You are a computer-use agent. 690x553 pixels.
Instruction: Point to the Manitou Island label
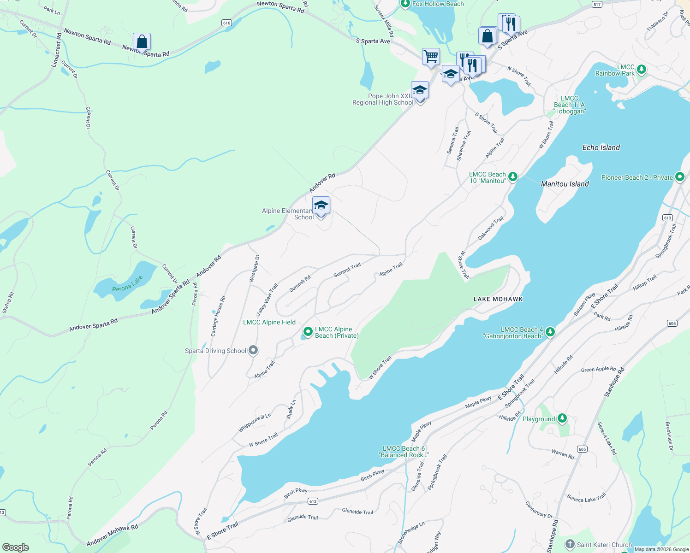pyautogui.click(x=565, y=184)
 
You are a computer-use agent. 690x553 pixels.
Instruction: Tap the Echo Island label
pyautogui.click(x=601, y=147)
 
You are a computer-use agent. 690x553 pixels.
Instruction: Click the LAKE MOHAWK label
pyautogui.click(x=498, y=299)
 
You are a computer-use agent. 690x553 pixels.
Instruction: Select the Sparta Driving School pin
pyautogui.click(x=253, y=351)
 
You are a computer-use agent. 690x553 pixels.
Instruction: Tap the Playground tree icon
pyautogui.click(x=562, y=418)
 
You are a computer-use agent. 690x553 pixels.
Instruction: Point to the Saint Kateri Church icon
pyautogui.click(x=570, y=544)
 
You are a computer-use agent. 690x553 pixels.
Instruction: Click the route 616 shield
pyautogui.click(x=226, y=23)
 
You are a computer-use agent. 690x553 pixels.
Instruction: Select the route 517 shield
pyautogui.click(x=597, y=5)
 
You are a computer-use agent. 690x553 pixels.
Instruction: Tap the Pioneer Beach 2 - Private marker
pyautogui.click(x=679, y=177)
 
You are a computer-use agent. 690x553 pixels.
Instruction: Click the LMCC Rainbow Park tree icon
pyautogui.click(x=641, y=70)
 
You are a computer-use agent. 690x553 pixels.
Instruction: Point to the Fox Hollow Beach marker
pyautogui.click(x=405, y=4)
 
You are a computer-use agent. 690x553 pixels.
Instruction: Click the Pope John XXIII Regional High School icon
pyautogui.click(x=420, y=90)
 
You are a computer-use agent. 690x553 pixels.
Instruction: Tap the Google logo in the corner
pyautogui.click(x=16, y=547)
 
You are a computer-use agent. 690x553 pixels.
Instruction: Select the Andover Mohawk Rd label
pyautogui.click(x=113, y=535)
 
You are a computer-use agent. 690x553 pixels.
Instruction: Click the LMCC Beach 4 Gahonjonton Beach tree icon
pyautogui.click(x=550, y=332)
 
